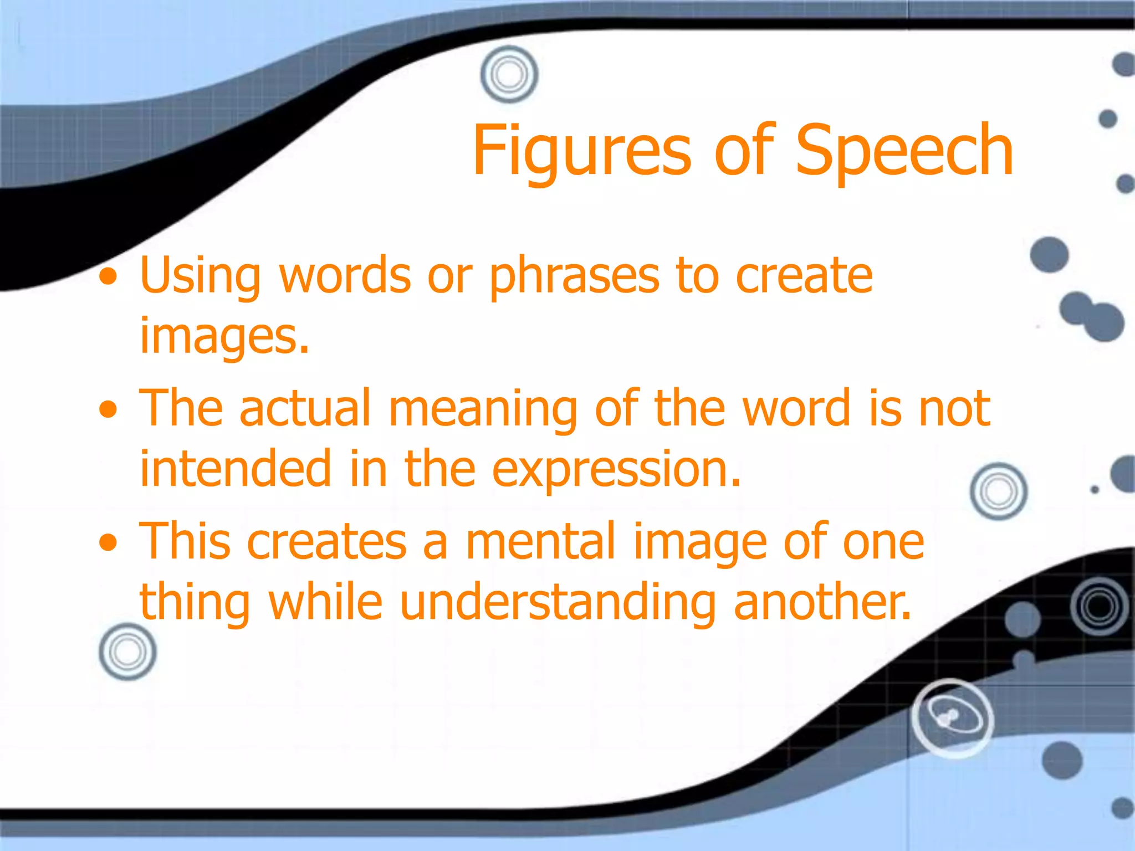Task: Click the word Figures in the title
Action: tap(582, 151)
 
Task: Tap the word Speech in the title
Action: tap(904, 151)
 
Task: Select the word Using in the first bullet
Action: tap(200, 275)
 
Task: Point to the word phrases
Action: tap(574, 275)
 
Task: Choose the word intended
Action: tap(236, 469)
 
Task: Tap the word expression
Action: tap(616, 470)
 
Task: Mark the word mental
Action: tap(540, 541)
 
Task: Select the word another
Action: tap(822, 602)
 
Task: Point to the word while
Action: tap(326, 602)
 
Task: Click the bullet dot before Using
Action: tap(109, 277)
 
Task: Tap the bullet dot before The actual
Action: tap(109, 410)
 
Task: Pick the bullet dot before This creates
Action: tap(109, 543)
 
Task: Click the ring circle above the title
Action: tap(509, 74)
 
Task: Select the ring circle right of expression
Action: tap(999, 491)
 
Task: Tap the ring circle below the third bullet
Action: tap(127, 652)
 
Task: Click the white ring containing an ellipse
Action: tap(952, 718)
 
